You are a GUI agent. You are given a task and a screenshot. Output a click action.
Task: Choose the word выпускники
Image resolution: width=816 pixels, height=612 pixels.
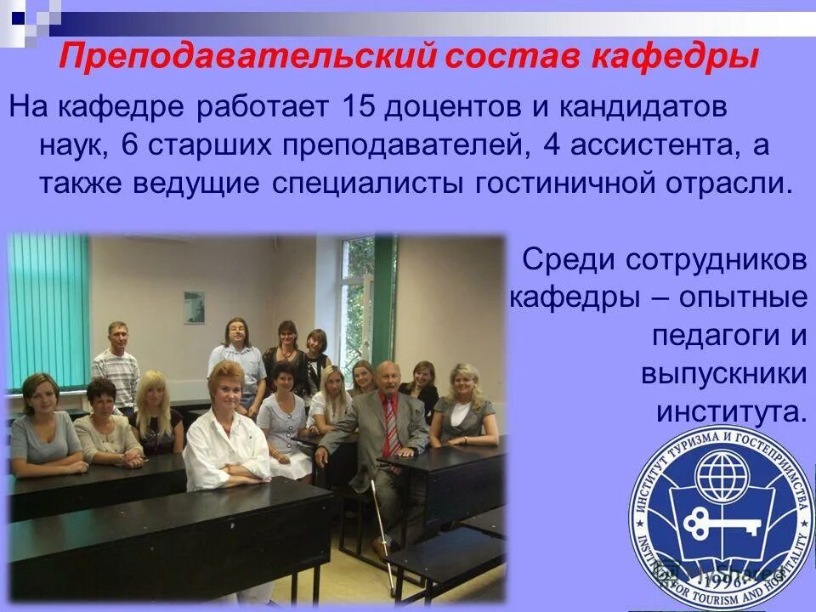click(723, 374)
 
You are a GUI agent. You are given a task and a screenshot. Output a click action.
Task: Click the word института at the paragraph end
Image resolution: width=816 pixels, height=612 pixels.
click(729, 412)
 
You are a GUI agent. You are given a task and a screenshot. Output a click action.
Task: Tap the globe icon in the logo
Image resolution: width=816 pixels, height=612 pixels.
click(720, 471)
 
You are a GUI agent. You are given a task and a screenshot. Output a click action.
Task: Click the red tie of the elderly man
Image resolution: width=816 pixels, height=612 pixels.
click(392, 426)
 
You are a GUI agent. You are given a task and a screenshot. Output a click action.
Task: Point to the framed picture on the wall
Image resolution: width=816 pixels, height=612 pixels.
click(195, 307)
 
